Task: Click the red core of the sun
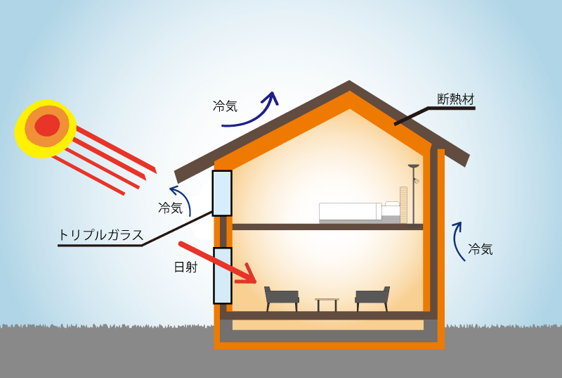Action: coord(47,125)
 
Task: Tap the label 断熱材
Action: coord(456,99)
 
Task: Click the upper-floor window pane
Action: coord(222,193)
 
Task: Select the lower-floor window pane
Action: coord(222,275)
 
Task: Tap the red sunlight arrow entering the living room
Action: coord(218,263)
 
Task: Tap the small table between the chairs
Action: coord(327,303)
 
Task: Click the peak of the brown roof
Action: coord(349,85)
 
